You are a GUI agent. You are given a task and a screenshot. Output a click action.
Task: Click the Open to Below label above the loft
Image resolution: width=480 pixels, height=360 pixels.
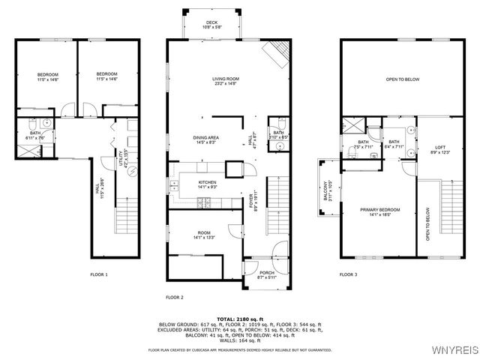click(x=401, y=79)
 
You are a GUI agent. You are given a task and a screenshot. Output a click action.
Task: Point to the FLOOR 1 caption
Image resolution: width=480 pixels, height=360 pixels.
click(x=99, y=275)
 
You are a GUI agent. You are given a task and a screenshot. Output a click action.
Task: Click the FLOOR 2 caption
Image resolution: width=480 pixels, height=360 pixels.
click(x=174, y=297)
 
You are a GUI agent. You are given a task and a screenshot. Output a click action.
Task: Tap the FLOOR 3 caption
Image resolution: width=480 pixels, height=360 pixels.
click(x=348, y=275)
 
